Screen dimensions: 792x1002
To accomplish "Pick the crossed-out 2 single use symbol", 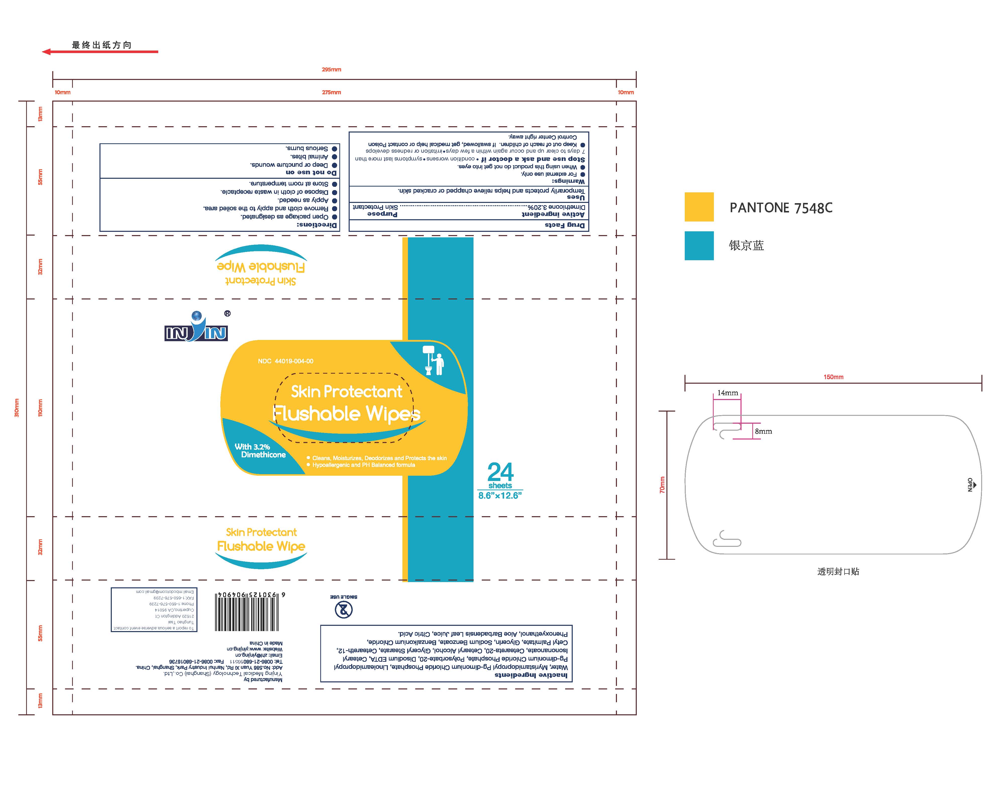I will click(x=343, y=609).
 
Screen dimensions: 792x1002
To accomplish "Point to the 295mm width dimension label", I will click(x=331, y=70).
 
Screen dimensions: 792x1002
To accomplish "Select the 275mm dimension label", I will click(x=331, y=92).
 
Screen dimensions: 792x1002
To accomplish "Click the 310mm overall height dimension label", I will click(x=17, y=408).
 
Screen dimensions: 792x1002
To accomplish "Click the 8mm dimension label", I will click(x=763, y=431).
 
